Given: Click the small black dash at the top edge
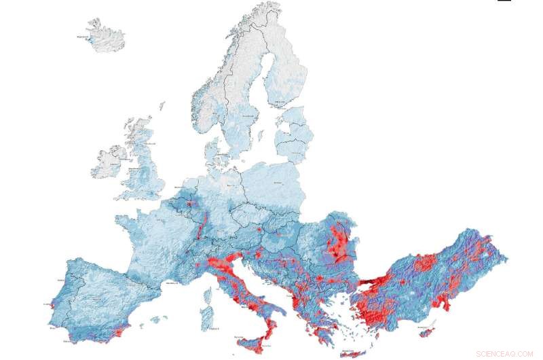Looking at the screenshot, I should click(504, 1).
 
